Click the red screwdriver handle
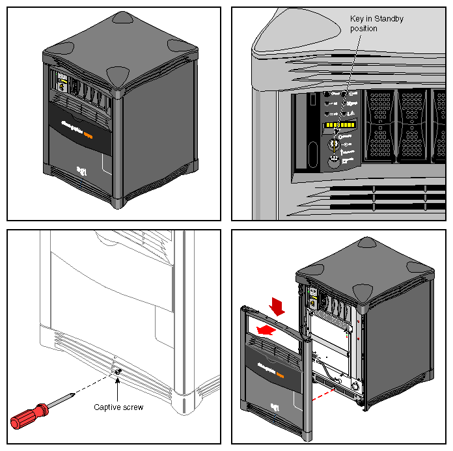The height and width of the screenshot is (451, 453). tap(29, 416)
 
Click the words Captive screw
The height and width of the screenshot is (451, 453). tap(118, 407)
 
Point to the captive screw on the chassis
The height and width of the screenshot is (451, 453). tap(118, 372)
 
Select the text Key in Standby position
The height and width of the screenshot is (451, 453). tap(376, 23)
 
